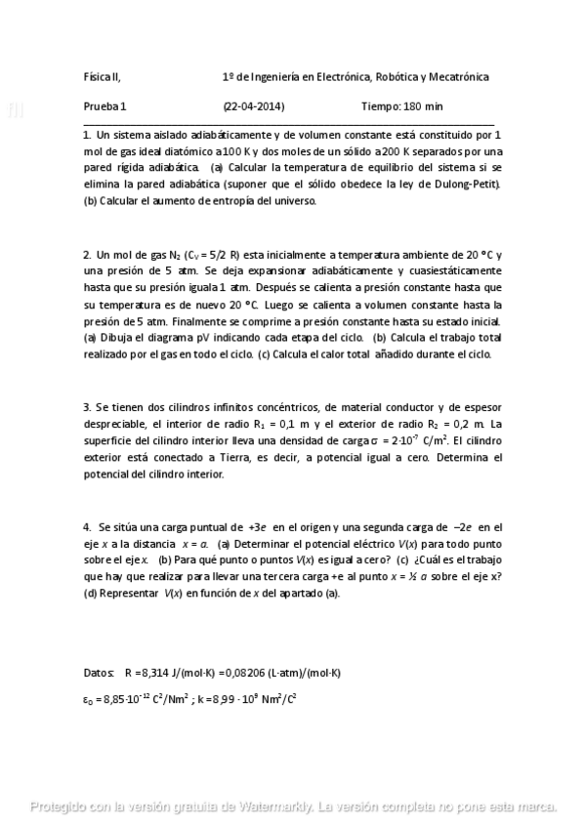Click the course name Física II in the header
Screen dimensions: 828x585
pyautogui.click(x=102, y=76)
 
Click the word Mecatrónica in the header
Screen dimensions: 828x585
pyautogui.click(x=459, y=76)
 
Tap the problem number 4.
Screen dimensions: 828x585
pyautogui.click(x=86, y=525)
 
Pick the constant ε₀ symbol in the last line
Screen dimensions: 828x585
pyautogui.click(x=89, y=699)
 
